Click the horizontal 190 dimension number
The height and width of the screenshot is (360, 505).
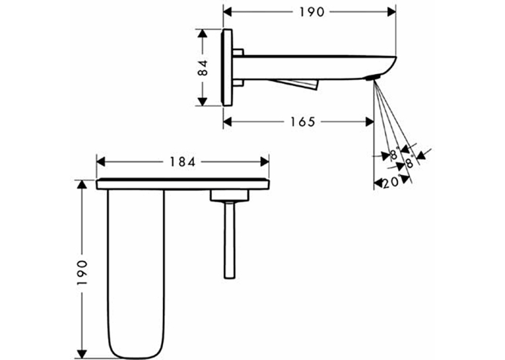(312, 13)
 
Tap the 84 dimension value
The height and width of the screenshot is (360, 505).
(203, 67)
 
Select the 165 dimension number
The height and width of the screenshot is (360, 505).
(302, 122)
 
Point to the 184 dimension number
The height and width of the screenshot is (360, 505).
(183, 162)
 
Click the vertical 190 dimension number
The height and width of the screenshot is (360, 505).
(83, 272)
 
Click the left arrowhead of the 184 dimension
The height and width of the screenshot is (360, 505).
(101, 162)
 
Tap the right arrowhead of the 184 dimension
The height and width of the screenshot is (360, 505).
(265, 162)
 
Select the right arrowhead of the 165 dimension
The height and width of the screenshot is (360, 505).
(370, 122)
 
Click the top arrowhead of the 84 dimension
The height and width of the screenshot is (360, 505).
(202, 34)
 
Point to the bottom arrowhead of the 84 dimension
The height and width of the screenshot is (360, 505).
(202, 101)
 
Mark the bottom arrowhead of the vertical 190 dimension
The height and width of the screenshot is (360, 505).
(83, 354)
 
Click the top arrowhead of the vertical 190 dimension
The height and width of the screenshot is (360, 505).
(83, 184)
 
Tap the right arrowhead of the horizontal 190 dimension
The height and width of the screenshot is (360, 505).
(391, 13)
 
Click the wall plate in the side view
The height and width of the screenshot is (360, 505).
(226, 67)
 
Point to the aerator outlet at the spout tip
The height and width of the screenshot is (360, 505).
(373, 78)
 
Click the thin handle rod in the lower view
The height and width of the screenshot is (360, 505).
(229, 240)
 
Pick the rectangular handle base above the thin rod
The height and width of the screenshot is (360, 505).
(230, 196)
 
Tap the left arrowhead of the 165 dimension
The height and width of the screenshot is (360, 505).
(228, 122)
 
